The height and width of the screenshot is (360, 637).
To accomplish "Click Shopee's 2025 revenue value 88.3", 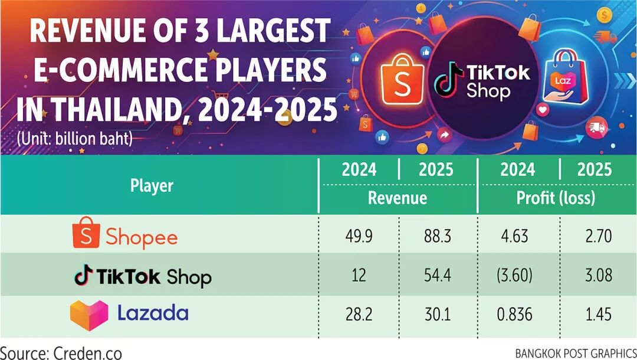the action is coord(437,235).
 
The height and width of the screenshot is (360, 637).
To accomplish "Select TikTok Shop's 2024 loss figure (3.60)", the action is coord(514,275).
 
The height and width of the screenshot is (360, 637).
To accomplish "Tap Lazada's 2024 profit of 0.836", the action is coord(514,314).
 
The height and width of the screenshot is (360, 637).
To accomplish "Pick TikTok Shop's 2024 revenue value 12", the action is coord(359,275).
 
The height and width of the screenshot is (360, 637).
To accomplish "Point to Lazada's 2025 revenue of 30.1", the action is coord(437,314).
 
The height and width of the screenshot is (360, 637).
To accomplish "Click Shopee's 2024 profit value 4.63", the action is coord(514,235).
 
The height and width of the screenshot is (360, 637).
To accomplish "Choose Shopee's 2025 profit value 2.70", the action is coord(599,235).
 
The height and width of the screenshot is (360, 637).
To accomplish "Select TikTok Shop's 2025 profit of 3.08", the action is coord(599,275).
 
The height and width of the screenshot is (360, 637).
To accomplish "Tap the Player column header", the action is coord(152,186).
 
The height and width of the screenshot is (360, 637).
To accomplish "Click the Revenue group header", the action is coord(398,198).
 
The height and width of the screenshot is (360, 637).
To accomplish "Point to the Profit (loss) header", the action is coord(556,198).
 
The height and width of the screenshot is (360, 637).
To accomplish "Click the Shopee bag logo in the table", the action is coord(86,233).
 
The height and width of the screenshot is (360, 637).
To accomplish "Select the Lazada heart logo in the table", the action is coord(89,315).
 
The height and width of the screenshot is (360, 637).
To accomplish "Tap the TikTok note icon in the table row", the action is coord(84,275).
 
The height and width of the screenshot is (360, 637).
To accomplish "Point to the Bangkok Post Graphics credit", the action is coord(576,353).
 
